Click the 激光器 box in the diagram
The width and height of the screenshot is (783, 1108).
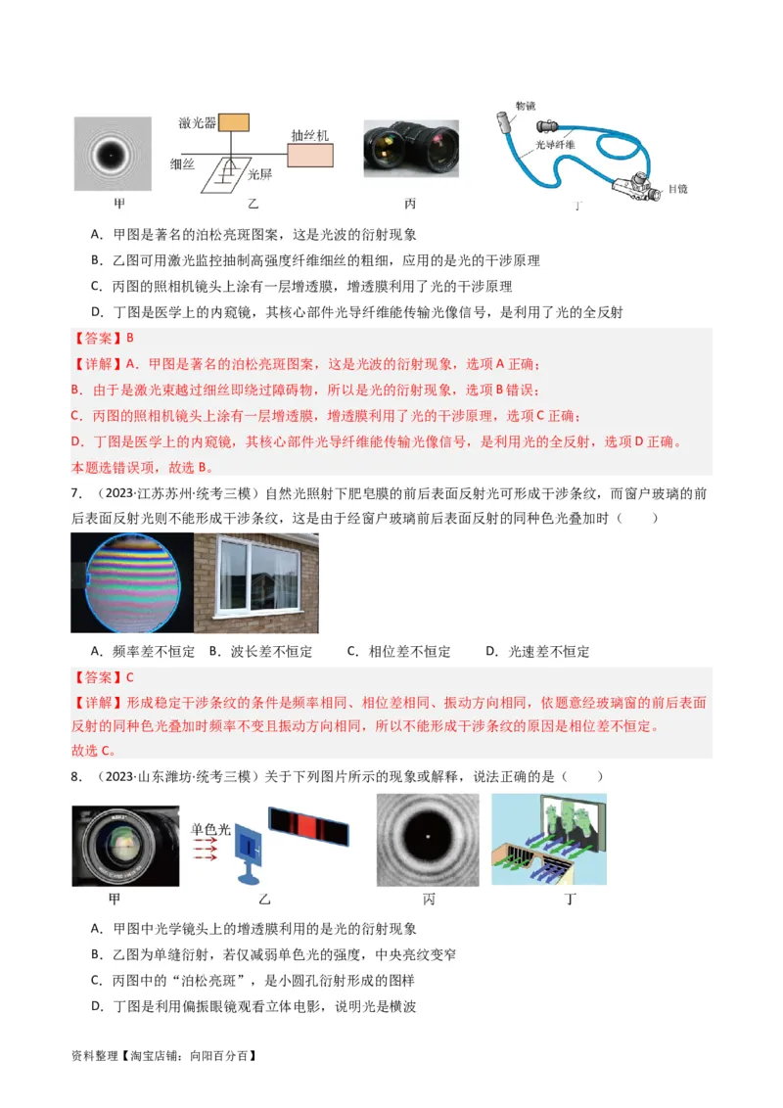[234, 122]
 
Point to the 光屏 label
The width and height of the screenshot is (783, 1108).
[258, 174]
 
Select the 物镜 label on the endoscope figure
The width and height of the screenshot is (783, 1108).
[526, 106]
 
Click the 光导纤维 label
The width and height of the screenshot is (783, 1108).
[555, 145]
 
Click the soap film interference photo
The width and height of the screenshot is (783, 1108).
[128, 583]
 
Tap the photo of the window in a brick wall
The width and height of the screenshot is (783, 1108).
[256, 583]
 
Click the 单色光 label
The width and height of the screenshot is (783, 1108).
[210, 829]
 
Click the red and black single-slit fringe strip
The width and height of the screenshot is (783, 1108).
[308, 828]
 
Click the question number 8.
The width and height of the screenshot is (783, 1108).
[75, 776]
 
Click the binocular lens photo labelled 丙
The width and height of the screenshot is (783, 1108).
[411, 149]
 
